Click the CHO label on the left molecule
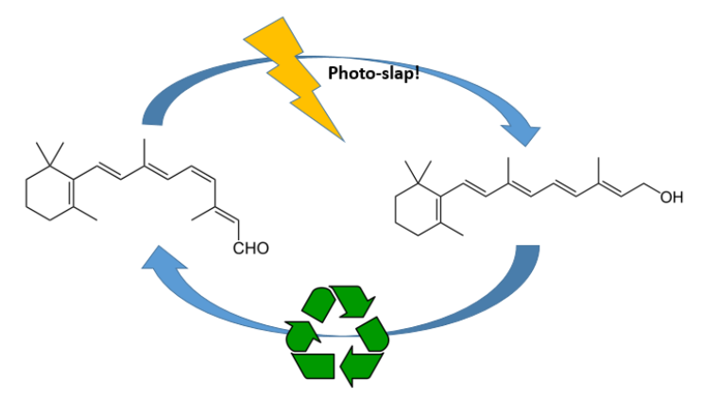coord(251,249)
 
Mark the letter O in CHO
coord(263,249)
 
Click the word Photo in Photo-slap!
coord(349,73)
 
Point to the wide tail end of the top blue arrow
coord(152,117)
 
